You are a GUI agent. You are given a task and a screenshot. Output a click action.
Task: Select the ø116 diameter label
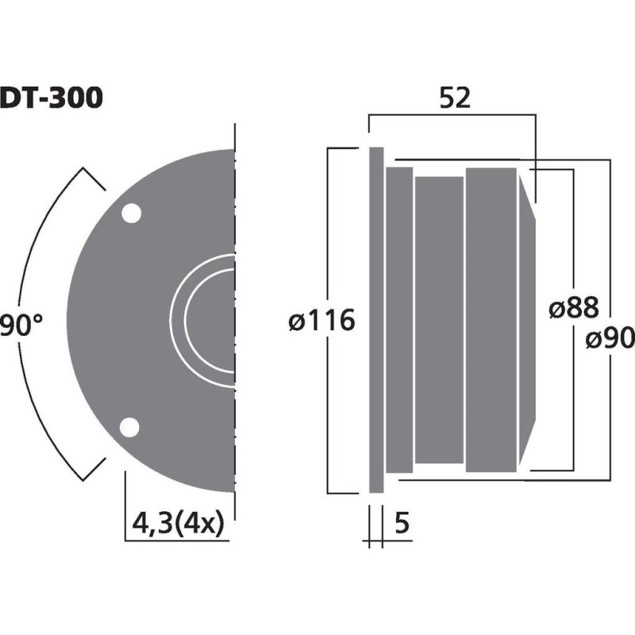click(x=321, y=321)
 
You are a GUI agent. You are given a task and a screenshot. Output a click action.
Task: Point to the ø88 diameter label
click(x=573, y=308)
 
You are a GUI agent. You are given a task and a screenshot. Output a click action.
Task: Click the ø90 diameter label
click(x=610, y=339)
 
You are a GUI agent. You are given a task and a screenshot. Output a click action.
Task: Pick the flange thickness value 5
click(x=401, y=524)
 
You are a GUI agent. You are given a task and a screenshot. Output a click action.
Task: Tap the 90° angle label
click(x=21, y=324)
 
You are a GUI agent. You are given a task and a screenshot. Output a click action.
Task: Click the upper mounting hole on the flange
click(x=130, y=214)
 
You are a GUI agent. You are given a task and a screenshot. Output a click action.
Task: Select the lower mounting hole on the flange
click(x=129, y=427)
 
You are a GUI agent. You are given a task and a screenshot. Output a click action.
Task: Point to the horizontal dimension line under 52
click(x=452, y=116)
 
